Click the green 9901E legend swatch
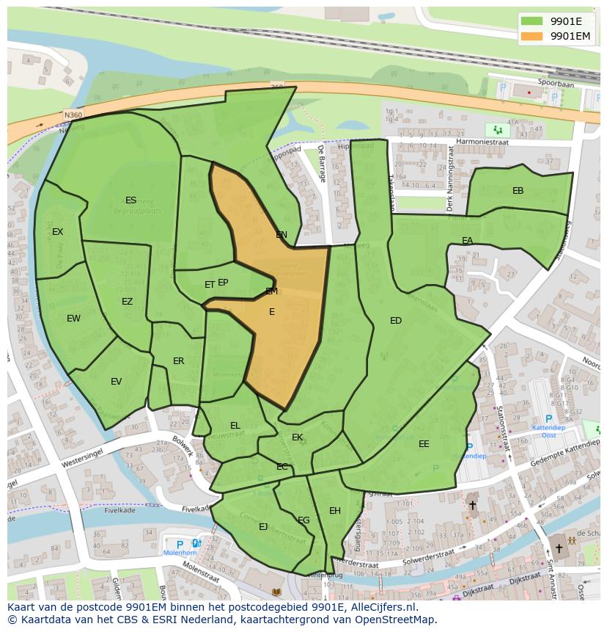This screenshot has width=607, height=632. point(531,21)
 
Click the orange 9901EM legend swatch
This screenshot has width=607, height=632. point(531,36)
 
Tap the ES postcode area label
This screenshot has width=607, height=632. point(130,200)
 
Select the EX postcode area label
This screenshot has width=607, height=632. point(57,232)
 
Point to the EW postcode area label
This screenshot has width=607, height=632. point(73,319)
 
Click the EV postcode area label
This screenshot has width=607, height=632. point(116,382)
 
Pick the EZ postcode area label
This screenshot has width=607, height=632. point(127,302)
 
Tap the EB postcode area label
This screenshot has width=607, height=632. point(518,191)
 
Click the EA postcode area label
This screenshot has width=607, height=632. point(467,241)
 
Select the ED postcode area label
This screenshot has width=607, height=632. point(396,321)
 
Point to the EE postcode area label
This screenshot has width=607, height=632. point(424,444)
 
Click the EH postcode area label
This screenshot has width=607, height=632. point(334,511)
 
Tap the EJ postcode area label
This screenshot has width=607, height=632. point(263,526)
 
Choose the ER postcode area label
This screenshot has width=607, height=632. point(178,361)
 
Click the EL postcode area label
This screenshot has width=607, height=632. point(235,426)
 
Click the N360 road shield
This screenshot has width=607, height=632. point(73,115)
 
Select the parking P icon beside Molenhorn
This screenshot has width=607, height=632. point(180,544)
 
